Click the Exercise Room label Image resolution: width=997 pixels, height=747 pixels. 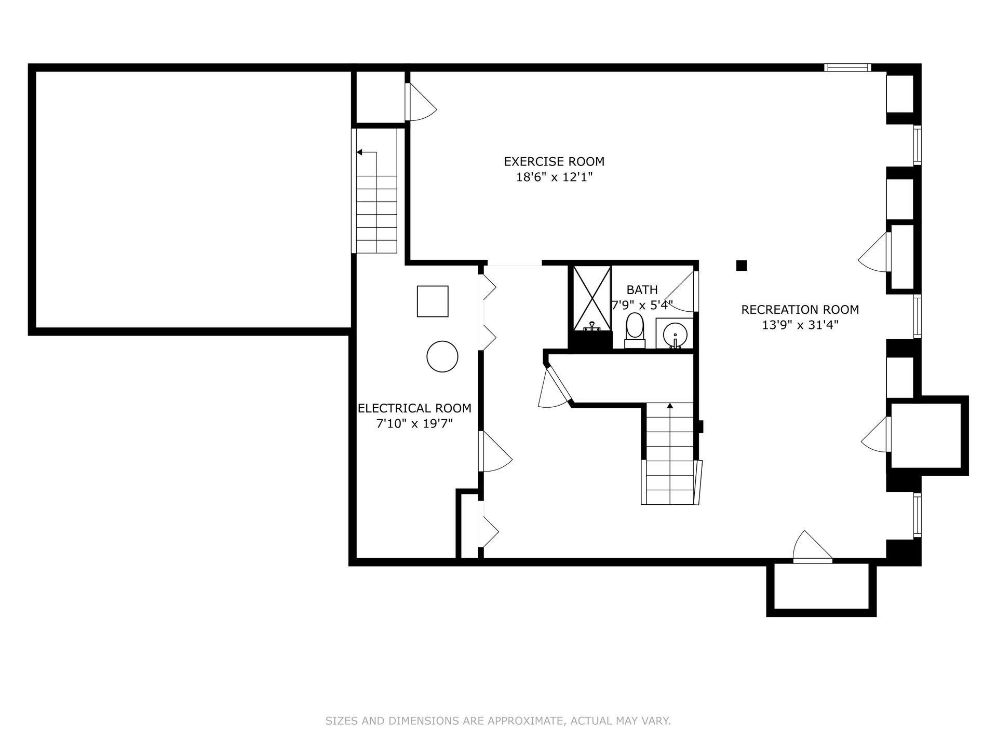click(x=554, y=161)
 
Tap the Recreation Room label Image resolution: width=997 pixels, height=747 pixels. click(x=800, y=310)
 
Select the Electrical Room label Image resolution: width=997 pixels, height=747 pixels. click(x=414, y=408)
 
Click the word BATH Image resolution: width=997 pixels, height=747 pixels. click(x=642, y=289)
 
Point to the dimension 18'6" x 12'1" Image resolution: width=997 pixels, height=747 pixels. click(x=554, y=177)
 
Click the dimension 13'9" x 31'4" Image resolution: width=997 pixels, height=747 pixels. click(x=800, y=325)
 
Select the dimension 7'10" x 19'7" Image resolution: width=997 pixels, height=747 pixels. click(x=414, y=424)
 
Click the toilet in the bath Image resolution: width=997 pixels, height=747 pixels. click(x=635, y=330)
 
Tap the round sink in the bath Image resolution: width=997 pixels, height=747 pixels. click(x=675, y=334)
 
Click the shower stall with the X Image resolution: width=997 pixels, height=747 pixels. click(x=592, y=298)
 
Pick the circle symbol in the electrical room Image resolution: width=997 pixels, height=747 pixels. click(x=442, y=356)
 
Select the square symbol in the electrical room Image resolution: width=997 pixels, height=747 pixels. click(x=433, y=301)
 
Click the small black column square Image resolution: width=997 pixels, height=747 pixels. click(x=742, y=266)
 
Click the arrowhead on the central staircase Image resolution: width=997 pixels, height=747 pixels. click(x=670, y=406)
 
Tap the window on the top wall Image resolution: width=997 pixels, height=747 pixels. click(x=847, y=67)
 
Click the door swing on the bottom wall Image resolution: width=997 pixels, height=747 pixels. click(x=813, y=546)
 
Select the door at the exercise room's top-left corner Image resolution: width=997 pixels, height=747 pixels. click(x=422, y=102)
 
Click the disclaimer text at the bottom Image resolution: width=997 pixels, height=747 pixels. click(x=498, y=721)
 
